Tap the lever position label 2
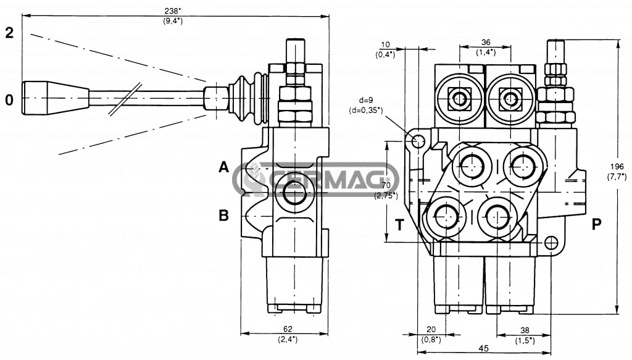coord(9,33)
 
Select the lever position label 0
coord(9,99)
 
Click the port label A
coord(223,167)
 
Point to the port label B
coord(223,216)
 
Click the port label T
coord(399,225)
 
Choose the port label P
coord(596,224)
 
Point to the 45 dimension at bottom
coord(483,349)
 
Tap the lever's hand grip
coord(56,98)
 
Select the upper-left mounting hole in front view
coord(418,141)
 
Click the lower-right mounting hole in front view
coord(551,243)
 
